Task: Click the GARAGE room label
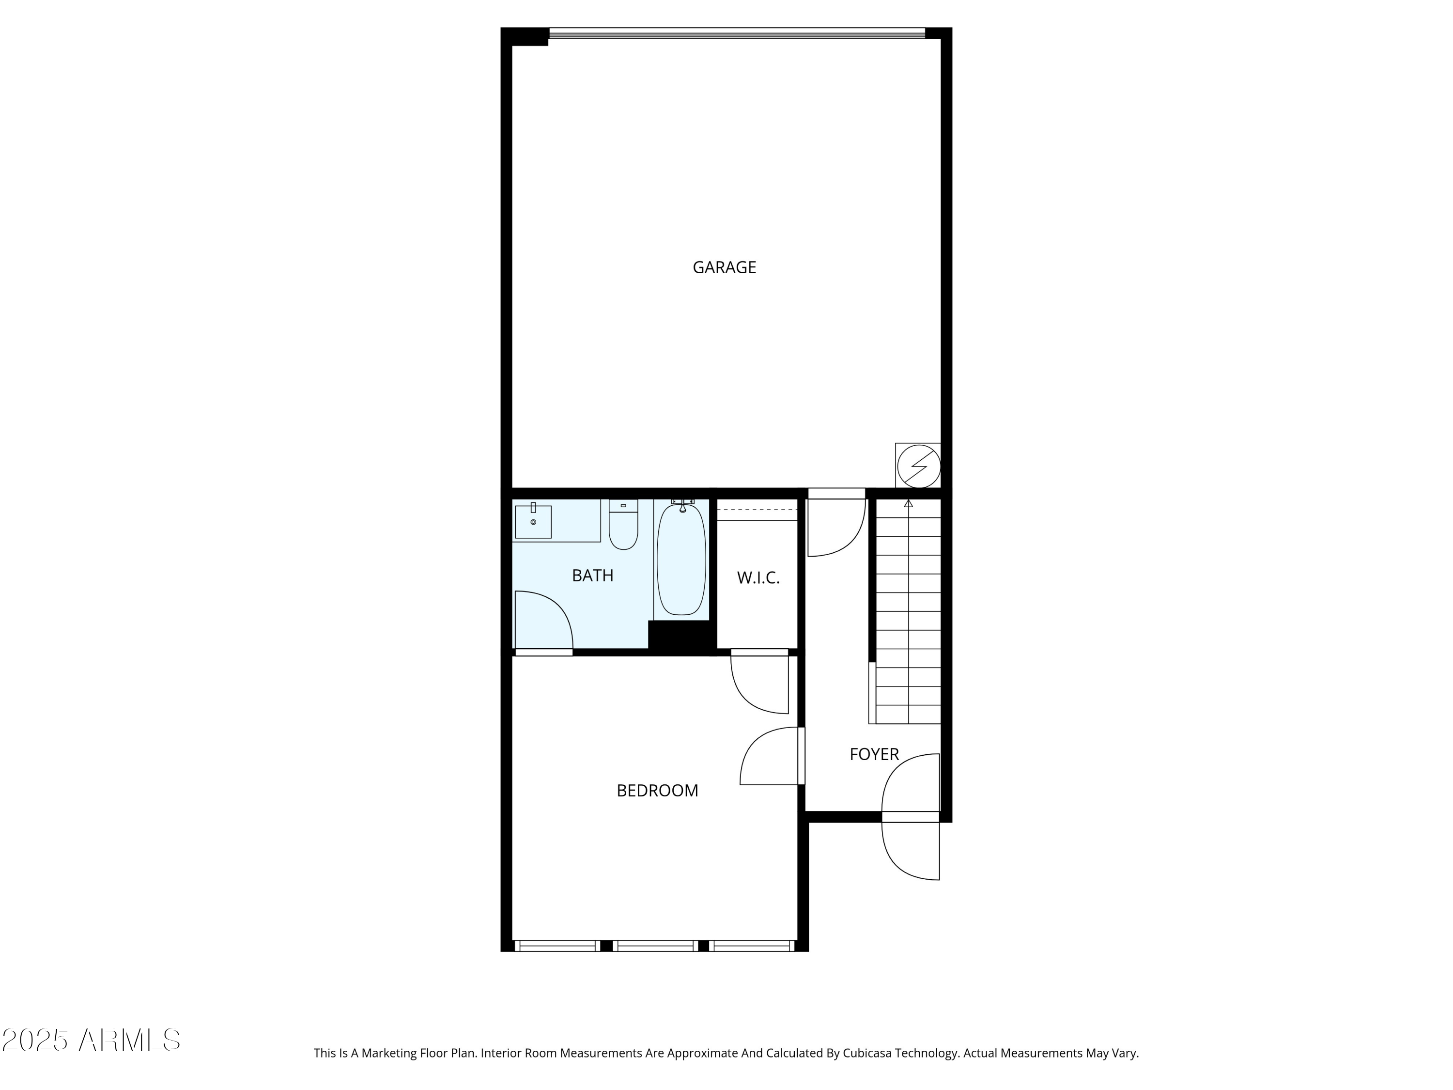pyautogui.click(x=724, y=267)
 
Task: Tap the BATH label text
pyautogui.click(x=592, y=576)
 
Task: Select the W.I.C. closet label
pyautogui.click(x=758, y=578)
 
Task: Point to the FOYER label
pyautogui.click(x=874, y=754)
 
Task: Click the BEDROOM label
pyautogui.click(x=657, y=791)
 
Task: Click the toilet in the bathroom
pyautogui.click(x=623, y=526)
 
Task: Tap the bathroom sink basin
pyautogui.click(x=533, y=522)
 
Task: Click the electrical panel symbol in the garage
pyautogui.click(x=918, y=466)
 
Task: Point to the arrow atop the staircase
pyautogui.click(x=909, y=504)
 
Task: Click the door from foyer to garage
pyautogui.click(x=837, y=529)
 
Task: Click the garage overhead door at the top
pyautogui.click(x=736, y=33)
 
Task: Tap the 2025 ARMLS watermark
pyautogui.click(x=92, y=1041)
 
